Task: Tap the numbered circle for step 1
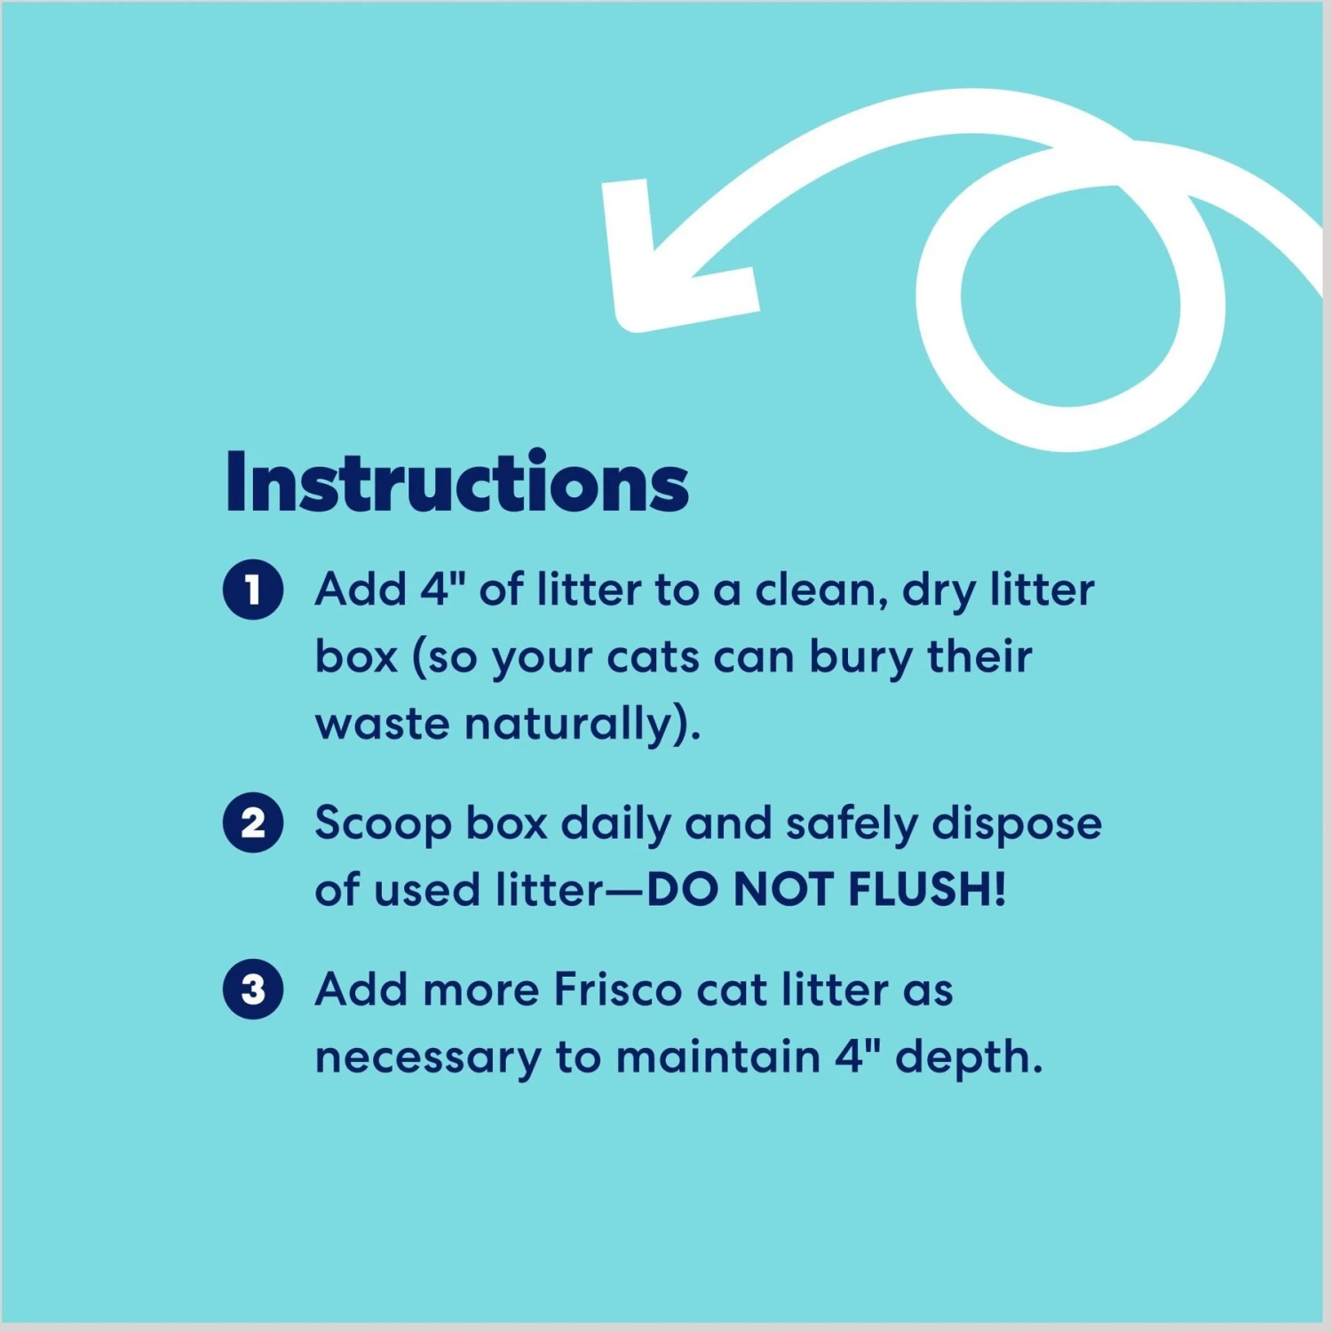coord(253,589)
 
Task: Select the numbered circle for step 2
coord(253,822)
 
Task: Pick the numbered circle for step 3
coord(253,989)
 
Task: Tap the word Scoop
coord(383,824)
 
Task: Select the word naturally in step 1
coord(578,725)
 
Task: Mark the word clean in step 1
coord(818,590)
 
